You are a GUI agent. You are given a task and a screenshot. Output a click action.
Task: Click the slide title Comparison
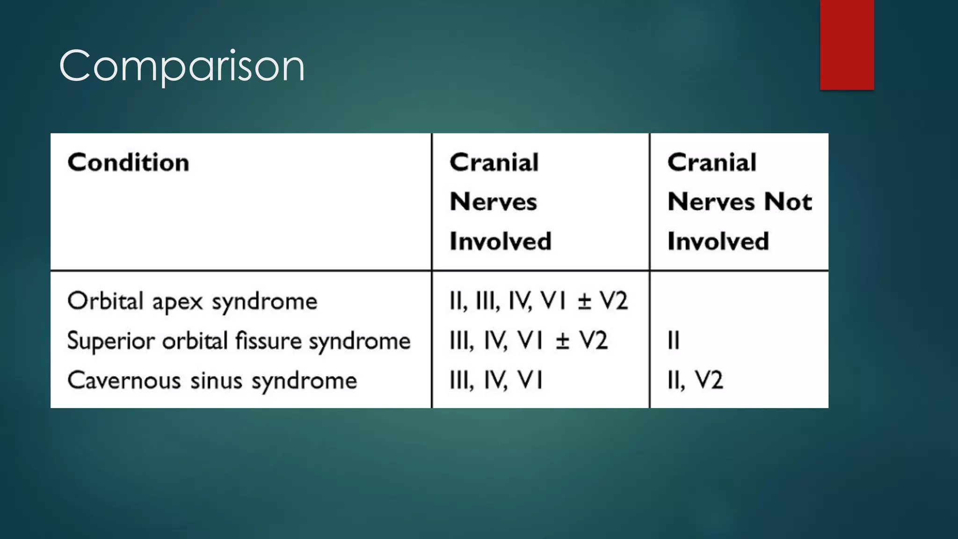182,66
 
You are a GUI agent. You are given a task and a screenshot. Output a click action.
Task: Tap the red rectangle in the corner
847,44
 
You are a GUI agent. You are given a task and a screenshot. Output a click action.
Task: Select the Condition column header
128,163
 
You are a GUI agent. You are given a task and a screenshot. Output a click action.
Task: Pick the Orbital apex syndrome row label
192,301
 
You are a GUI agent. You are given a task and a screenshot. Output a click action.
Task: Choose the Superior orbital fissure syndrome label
239,341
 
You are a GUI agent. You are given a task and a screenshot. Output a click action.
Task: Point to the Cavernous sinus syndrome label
212,380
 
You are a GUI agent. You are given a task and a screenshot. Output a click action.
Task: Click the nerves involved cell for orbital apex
538,301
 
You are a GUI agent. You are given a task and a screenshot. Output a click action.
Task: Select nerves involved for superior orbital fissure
528,341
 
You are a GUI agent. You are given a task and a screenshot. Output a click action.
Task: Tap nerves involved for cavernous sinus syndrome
496,380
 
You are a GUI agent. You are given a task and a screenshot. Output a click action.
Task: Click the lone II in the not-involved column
673,341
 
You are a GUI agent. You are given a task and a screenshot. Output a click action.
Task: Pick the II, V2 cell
695,380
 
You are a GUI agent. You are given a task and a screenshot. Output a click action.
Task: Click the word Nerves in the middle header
493,202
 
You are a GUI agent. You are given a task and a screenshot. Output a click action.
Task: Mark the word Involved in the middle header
500,241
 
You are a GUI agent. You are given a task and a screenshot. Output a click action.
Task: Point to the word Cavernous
124,380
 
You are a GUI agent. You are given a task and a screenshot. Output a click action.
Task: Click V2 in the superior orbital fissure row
594,341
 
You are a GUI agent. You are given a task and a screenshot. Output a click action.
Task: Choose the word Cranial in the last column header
711,163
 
